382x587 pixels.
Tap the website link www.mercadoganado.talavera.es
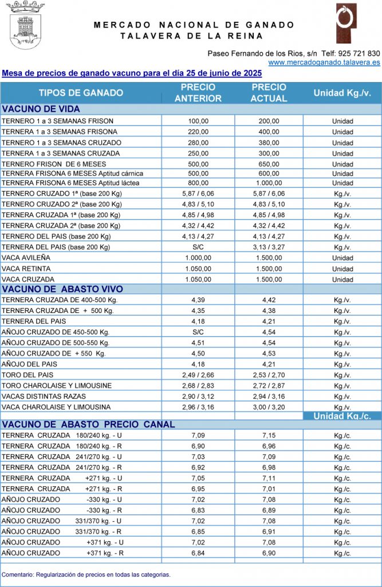pos(324,62)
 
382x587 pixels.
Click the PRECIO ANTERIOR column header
pos(198,93)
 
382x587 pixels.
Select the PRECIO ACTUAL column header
pos(269,93)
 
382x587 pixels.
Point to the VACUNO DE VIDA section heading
pos(41,109)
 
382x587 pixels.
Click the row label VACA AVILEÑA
pos(26,258)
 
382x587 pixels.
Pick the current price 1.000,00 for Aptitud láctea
pos(269,183)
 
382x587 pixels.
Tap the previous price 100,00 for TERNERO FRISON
pos(198,121)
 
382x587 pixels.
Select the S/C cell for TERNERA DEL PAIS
pos(198,248)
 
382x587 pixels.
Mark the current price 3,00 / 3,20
pos(269,407)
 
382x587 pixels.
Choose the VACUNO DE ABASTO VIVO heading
pos(62,289)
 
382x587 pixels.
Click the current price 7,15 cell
pos(269,436)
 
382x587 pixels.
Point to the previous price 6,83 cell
pos(198,510)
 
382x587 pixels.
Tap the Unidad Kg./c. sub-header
pos(342,416)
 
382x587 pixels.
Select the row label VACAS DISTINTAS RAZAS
pos(44,396)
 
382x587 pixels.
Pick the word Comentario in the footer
pos(17,574)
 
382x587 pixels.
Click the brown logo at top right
pos(346,23)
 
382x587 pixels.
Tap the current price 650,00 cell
pos(269,163)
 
